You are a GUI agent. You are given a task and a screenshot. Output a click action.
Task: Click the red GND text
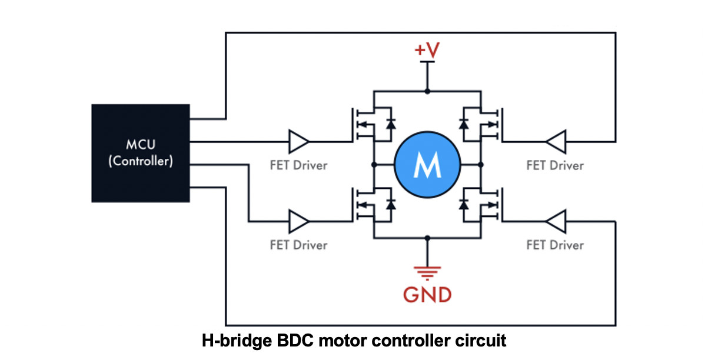pos(427,294)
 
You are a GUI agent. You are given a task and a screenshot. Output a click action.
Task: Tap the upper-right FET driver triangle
pos(555,142)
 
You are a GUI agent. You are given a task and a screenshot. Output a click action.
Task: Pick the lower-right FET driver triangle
pos(555,222)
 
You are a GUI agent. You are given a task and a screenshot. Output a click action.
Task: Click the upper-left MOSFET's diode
pos(390,124)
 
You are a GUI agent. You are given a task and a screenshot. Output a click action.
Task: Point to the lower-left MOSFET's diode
pos(390,204)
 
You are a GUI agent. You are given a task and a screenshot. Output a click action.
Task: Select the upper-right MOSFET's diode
pos(464,124)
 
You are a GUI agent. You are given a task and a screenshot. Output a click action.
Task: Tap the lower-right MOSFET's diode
pos(464,204)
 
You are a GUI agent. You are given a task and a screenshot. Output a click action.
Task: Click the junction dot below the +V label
pos(427,92)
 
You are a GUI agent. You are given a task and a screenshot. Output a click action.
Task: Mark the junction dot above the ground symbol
pos(427,238)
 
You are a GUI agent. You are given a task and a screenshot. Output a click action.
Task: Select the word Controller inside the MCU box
pos(141,161)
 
